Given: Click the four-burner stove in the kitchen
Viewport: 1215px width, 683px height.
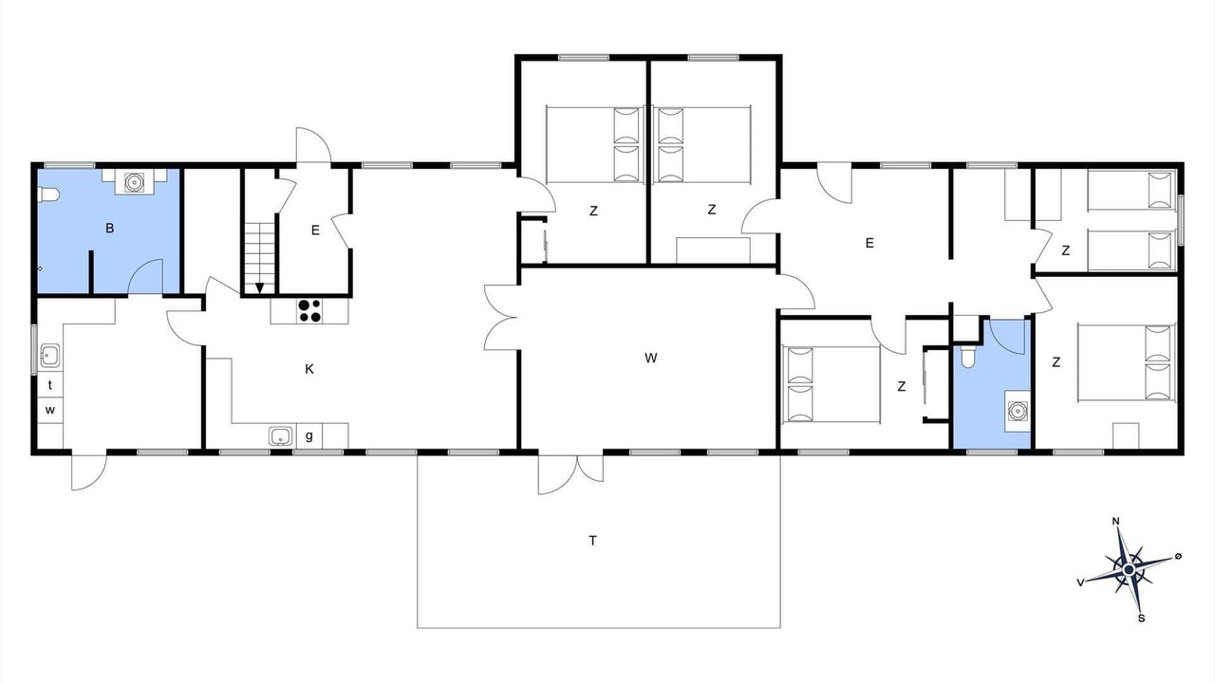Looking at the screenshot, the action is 309,311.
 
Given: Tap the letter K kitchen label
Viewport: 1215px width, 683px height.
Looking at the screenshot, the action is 309,369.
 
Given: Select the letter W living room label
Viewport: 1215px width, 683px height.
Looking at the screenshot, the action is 651,358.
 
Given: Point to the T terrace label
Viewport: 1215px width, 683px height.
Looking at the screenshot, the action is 593,541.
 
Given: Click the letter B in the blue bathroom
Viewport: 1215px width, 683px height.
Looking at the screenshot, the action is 109,229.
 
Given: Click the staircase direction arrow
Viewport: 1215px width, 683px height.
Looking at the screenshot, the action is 260,288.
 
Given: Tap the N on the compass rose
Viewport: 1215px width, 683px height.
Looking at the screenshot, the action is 1115,522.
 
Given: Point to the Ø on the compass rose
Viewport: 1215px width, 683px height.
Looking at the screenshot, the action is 1178,556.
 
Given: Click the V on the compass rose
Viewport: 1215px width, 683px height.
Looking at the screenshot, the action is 1080,582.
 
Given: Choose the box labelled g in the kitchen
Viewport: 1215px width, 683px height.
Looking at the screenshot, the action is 309,435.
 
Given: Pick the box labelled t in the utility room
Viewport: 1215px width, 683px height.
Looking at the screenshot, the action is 50,385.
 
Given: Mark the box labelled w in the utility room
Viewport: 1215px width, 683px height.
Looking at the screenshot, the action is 50,410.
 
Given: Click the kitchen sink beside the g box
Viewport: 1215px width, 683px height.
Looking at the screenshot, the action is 280,435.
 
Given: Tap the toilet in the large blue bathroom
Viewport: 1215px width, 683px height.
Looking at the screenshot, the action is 47,194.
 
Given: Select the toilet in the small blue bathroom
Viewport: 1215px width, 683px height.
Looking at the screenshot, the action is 967,358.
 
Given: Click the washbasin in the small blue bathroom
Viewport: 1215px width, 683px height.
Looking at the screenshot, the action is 1017,411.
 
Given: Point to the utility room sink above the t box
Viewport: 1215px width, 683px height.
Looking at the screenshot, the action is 50,356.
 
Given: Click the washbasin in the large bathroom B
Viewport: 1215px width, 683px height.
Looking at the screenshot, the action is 134,182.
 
